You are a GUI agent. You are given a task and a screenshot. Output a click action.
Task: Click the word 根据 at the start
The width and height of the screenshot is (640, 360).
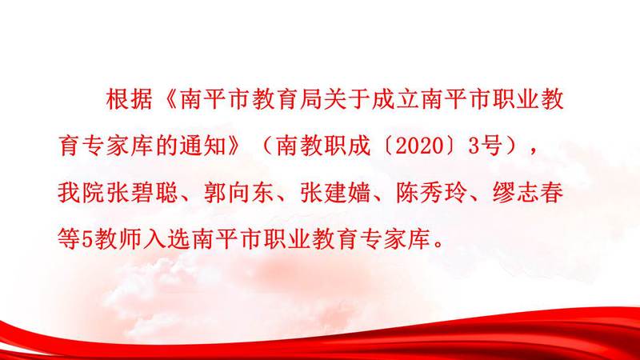coord(129,99)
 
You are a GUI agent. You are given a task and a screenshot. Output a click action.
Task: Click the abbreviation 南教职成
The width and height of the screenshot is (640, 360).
coord(322,146)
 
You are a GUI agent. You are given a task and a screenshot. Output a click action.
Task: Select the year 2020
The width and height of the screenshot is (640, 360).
coord(419,146)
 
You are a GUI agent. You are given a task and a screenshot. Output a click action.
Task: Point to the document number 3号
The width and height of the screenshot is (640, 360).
coord(485,146)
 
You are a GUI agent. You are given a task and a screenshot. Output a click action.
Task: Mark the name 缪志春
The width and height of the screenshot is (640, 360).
coord(528,193)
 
